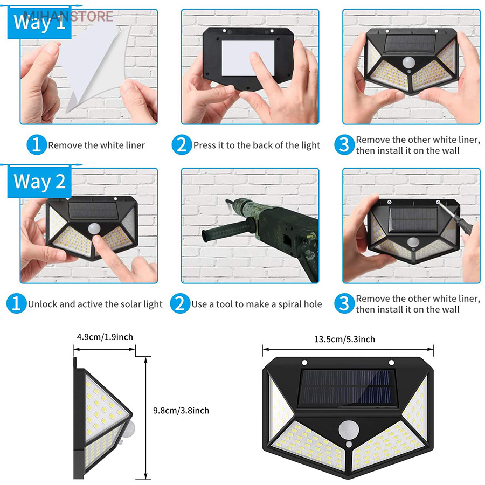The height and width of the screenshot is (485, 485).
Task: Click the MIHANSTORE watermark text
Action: coord(67,16)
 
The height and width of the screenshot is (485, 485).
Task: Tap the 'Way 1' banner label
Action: coord(39,23)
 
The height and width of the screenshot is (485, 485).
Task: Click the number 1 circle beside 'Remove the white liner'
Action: coord(36,145)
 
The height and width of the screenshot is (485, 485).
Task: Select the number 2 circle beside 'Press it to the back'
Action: coord(181,145)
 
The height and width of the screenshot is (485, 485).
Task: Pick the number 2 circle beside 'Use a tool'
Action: coord(180,304)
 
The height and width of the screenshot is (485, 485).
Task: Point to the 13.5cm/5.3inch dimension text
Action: coord(344,339)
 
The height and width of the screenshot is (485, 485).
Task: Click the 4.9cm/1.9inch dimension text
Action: coord(105,337)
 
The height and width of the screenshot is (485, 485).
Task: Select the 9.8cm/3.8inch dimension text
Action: coord(181,411)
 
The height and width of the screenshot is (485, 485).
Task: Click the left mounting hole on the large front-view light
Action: coord(304,363)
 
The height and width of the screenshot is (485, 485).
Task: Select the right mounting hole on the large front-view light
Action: coord(391,363)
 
